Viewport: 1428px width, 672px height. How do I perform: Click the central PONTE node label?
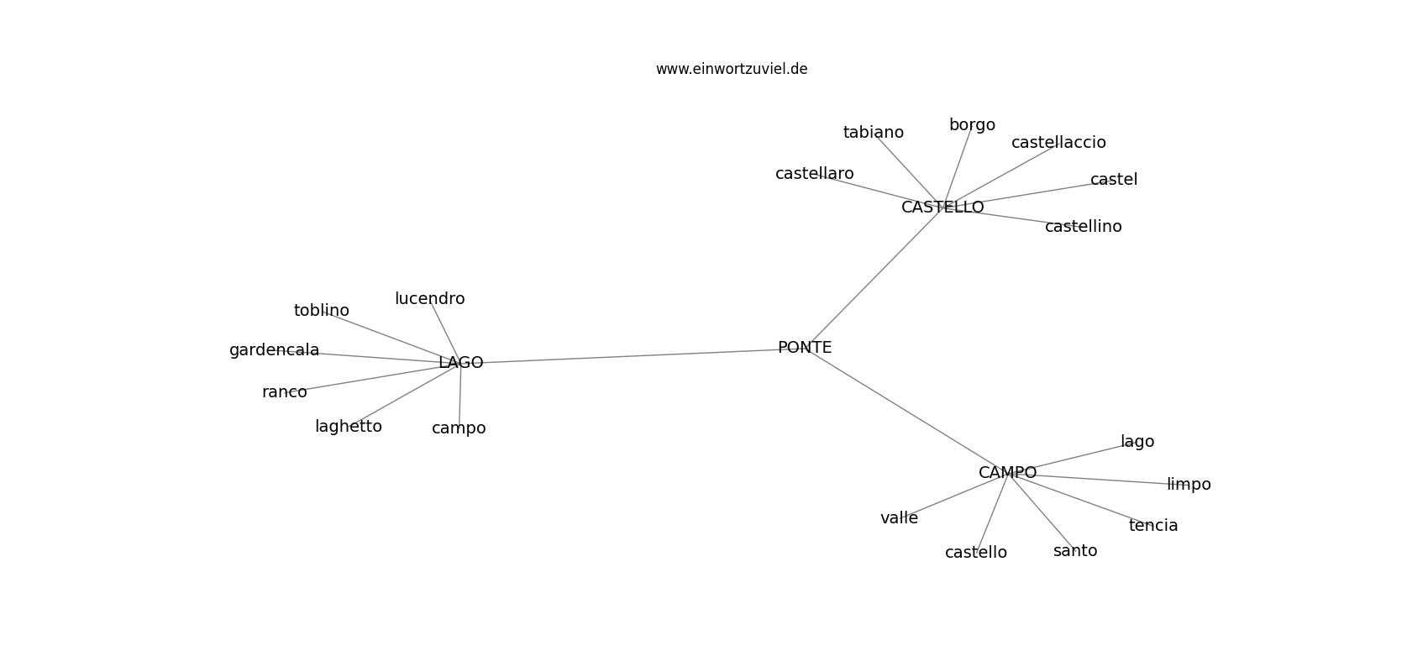805,348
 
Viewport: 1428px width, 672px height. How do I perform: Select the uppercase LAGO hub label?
461,363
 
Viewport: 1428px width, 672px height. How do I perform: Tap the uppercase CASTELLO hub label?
942,207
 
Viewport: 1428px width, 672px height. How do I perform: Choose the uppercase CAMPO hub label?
1007,472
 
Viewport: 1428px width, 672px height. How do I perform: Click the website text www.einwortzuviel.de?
732,69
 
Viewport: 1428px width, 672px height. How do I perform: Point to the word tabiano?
874,133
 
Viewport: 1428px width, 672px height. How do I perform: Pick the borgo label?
972,125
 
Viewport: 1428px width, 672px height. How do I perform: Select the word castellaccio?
1058,142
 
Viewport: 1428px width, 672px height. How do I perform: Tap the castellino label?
1083,226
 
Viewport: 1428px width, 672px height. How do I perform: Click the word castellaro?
814,173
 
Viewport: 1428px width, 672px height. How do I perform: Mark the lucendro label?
430,298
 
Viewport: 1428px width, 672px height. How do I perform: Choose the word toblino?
321,311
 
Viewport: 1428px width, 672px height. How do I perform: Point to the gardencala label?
274,350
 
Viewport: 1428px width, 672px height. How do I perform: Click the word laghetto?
349,427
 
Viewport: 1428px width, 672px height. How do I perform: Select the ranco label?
284,392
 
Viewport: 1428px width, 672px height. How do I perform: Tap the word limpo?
1189,485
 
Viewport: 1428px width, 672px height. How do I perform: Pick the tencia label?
1153,525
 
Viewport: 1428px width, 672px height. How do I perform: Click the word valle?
899,518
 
